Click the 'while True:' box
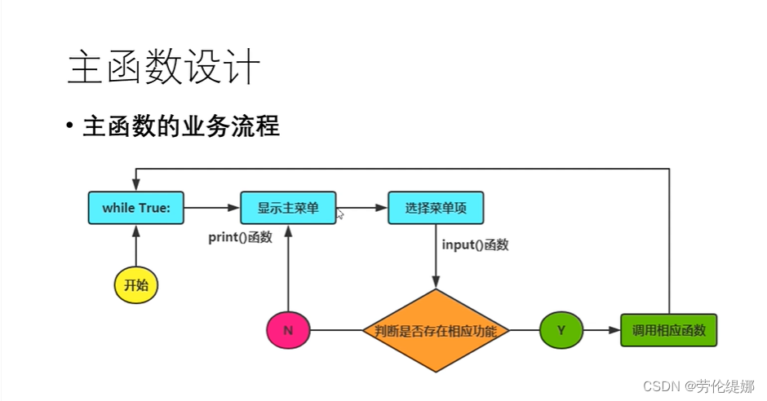(x=136, y=208)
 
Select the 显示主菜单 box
(x=288, y=208)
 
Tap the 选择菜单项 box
(x=436, y=208)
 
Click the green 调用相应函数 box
(x=668, y=331)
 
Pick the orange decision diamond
(x=436, y=331)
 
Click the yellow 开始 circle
(x=135, y=285)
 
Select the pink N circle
(x=288, y=331)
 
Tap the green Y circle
(x=561, y=331)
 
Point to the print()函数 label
(x=240, y=238)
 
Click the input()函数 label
(x=475, y=245)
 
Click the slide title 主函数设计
(x=163, y=68)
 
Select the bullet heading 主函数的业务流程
(x=180, y=127)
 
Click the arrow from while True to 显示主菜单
(x=212, y=208)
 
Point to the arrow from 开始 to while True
(x=135, y=245)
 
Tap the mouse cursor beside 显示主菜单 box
(x=340, y=214)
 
